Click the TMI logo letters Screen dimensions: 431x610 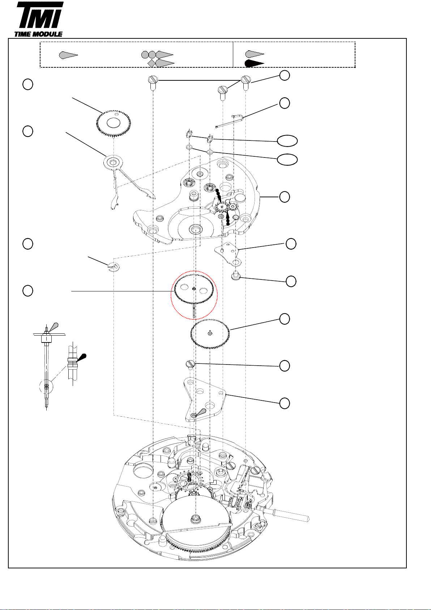40,15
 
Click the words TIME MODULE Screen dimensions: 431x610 38,34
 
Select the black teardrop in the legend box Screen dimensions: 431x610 254,63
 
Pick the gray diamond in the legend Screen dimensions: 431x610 152,63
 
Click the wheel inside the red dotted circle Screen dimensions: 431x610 193,295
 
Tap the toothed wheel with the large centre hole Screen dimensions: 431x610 114,124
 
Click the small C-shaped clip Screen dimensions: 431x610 114,267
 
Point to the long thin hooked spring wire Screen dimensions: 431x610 229,121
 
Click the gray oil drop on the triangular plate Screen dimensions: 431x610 201,412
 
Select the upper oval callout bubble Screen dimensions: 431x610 287,141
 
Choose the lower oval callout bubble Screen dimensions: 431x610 287,159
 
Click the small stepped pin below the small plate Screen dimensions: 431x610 235,276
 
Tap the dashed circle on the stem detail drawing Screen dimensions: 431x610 46,386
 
